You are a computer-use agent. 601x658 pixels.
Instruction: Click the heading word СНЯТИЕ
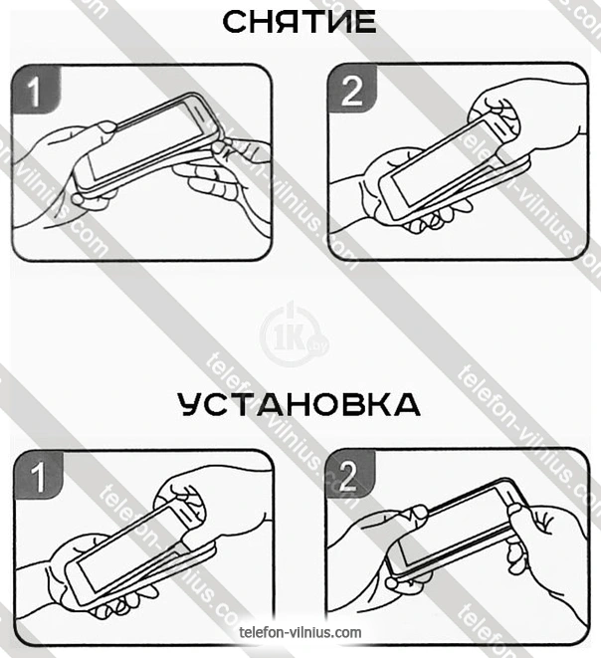[300, 22]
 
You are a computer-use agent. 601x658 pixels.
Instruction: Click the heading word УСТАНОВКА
[300, 404]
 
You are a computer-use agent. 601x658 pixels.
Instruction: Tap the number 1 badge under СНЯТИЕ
[36, 90]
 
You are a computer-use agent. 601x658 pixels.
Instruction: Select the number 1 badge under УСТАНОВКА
[39, 475]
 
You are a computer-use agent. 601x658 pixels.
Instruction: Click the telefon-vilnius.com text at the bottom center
[300, 632]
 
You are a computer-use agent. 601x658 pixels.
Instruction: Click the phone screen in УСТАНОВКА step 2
[455, 526]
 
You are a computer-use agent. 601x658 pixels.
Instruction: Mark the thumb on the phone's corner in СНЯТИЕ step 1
[106, 127]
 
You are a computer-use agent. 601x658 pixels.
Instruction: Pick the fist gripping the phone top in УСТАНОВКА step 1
[181, 503]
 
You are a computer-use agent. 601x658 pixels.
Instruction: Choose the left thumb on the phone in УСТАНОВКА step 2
[415, 513]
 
